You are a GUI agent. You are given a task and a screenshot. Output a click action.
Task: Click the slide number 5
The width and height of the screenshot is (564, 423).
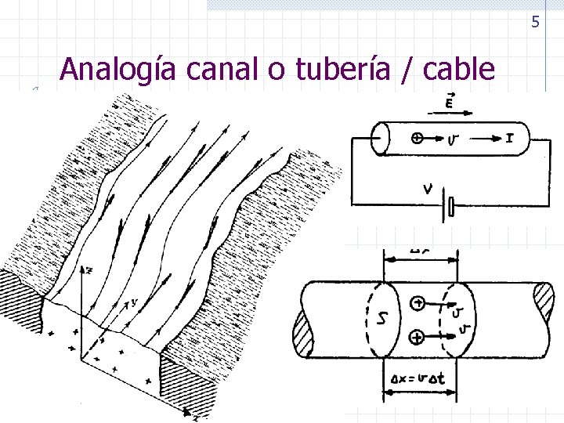[x=536, y=22]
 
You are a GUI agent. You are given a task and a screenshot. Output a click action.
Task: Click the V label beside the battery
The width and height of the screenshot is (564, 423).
[x=427, y=188]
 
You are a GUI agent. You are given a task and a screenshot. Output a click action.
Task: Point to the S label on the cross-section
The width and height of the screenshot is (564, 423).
[x=381, y=318]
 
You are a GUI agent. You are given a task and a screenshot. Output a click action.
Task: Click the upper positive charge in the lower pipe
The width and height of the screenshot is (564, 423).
[x=418, y=302]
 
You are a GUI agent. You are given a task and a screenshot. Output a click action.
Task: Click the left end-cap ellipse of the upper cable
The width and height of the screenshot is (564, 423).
[x=380, y=139]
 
